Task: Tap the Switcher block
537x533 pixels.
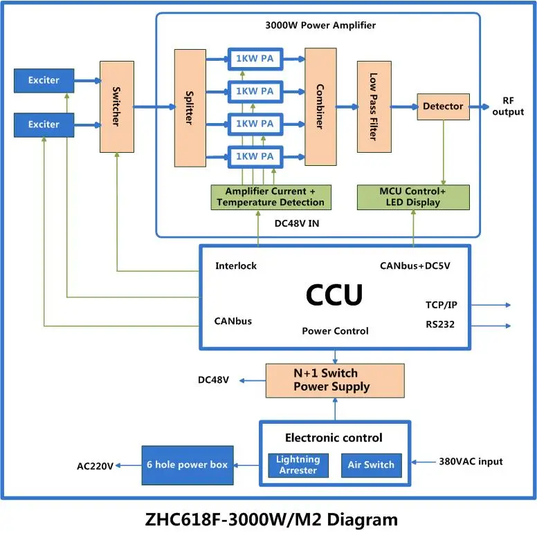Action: (116, 106)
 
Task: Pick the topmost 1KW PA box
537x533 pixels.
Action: (254, 59)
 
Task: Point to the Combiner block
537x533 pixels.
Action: (320, 106)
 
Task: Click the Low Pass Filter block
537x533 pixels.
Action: (373, 106)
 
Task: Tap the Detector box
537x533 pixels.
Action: (443, 106)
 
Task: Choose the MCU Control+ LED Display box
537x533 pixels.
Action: (413, 197)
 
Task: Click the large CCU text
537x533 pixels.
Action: (334, 295)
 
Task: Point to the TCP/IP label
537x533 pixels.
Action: (442, 305)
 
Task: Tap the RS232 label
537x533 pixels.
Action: (440, 324)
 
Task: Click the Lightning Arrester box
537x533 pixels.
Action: (298, 465)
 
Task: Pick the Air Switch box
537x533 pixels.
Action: (371, 465)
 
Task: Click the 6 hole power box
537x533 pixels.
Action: (187, 465)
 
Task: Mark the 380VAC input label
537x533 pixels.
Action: (471, 461)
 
